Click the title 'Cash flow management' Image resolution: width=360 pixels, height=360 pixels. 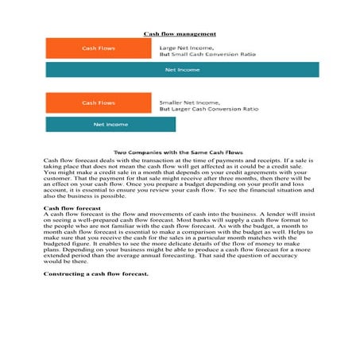[x=180, y=34]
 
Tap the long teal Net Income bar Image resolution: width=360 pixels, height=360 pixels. [x=182, y=70]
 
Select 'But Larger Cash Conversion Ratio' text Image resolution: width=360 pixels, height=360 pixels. [x=209, y=109]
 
